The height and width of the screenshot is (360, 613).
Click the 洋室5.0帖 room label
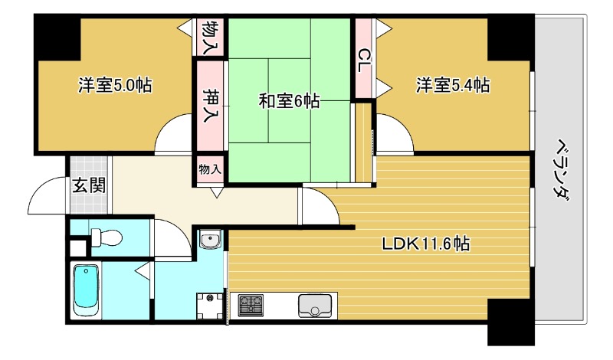(x=114, y=85)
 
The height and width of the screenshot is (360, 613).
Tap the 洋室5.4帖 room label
(x=453, y=85)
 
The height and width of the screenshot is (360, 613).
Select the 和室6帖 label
(x=289, y=100)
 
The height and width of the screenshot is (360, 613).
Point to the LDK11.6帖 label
(x=426, y=244)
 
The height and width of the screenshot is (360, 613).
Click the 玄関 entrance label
(x=90, y=185)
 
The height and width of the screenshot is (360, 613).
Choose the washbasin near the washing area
(x=210, y=242)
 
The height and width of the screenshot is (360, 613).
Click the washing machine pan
(x=207, y=306)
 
